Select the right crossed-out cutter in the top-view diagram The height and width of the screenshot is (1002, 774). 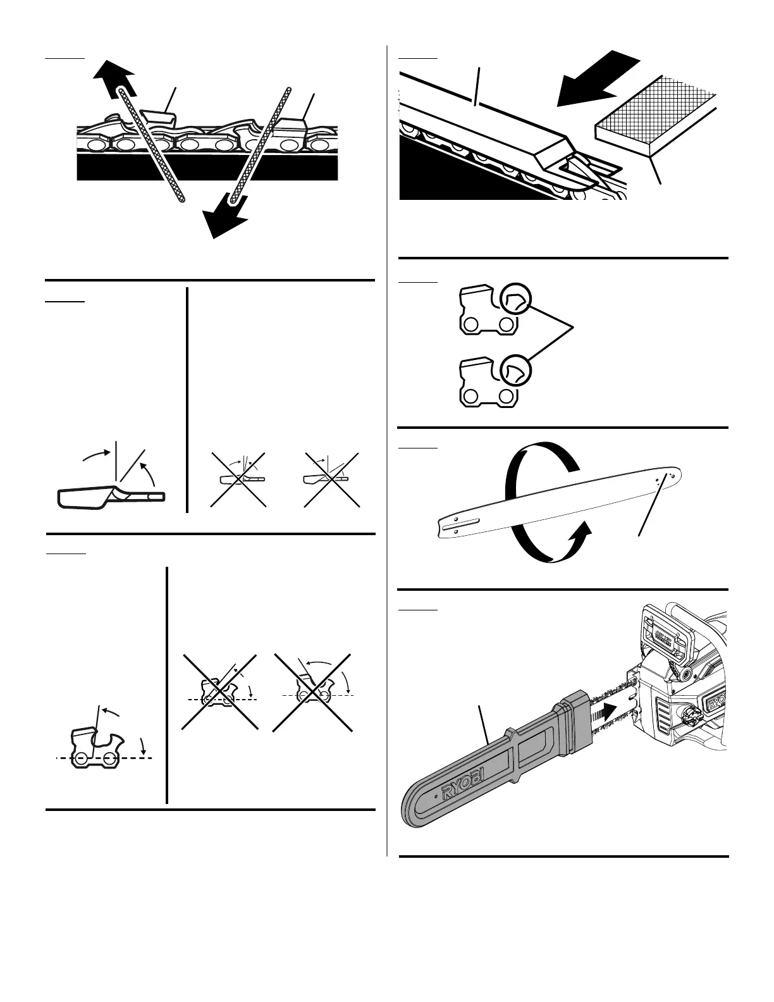point(331,479)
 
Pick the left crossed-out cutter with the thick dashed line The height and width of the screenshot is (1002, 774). point(219,692)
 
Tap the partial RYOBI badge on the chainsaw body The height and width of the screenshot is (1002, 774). point(716,703)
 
